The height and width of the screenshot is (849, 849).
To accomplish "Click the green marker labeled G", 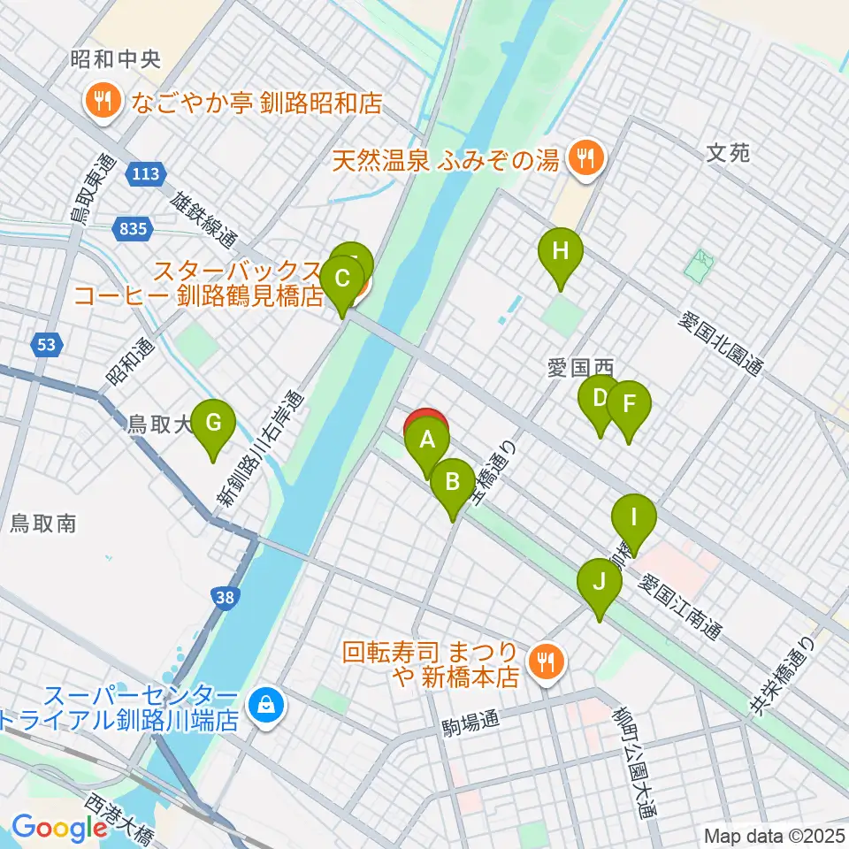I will tap(212, 424).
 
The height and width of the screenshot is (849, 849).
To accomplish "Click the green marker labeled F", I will tap(629, 406).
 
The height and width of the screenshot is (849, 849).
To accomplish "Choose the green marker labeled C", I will tap(340, 283).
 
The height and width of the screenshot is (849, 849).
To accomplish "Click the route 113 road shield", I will tap(141, 174).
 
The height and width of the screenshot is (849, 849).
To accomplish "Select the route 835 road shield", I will tap(129, 230).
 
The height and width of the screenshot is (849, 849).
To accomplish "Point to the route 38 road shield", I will tap(226, 599).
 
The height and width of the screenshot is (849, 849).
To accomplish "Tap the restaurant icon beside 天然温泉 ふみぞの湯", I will tap(585, 160).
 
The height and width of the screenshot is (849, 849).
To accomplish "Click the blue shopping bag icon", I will tap(264, 705).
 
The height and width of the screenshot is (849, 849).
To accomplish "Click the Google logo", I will tap(60, 828).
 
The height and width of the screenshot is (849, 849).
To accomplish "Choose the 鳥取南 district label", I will tap(42, 524).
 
